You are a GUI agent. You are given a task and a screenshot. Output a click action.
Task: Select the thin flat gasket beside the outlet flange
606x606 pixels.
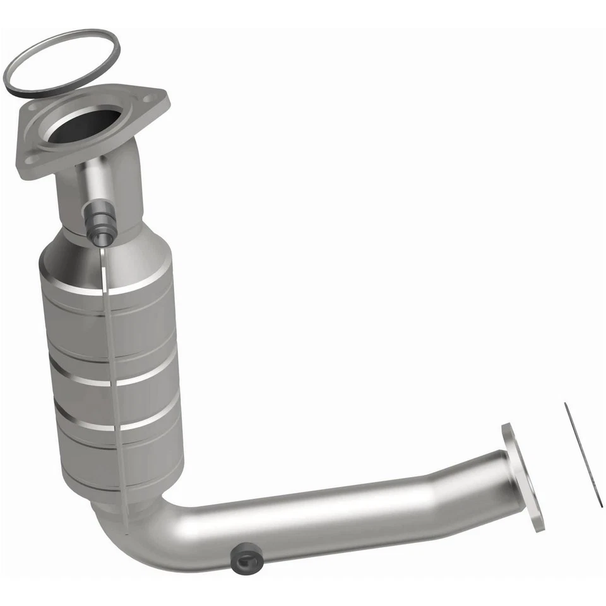(x=583, y=454)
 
